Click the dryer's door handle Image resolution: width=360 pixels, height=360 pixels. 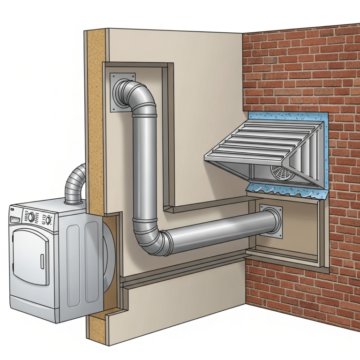[42, 261]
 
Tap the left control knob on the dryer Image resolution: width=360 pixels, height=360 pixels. [31, 217]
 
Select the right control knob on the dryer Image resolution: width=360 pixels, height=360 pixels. [48, 219]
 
